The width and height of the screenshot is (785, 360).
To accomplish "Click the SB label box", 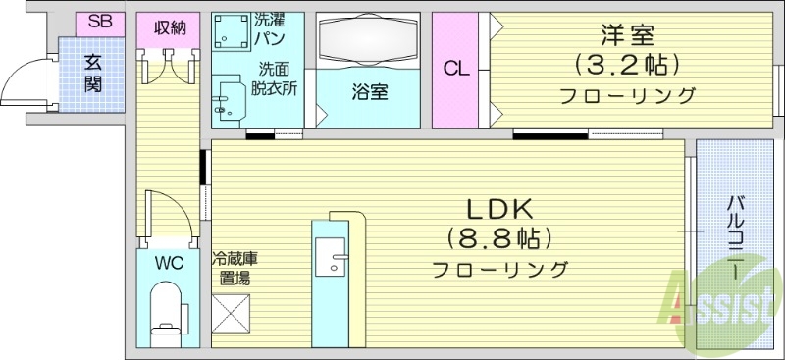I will (100, 22).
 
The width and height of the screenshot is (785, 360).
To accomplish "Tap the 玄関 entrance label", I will (93, 72).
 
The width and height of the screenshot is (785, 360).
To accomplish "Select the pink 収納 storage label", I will (170, 26).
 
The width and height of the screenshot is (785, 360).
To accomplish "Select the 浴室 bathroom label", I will (369, 94).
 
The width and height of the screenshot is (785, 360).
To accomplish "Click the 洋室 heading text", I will (628, 36).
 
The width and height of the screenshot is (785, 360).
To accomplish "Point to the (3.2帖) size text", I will (628, 66).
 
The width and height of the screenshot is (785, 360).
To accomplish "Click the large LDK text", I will (497, 208).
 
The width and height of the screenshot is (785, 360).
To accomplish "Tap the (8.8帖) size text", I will (498, 238).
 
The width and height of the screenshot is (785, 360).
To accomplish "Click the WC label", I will (168, 263).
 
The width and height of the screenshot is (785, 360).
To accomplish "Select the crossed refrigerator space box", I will (233, 319).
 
